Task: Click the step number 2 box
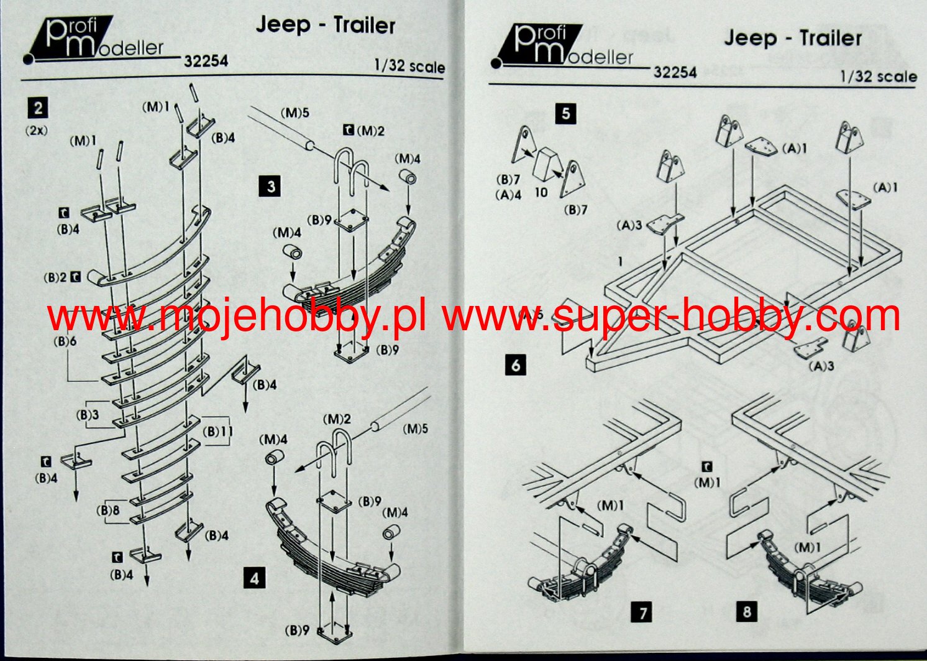click(39, 108)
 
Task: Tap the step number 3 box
click(271, 186)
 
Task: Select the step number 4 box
click(254, 578)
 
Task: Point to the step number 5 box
click(565, 114)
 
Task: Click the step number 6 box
click(516, 365)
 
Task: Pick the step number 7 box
click(642, 613)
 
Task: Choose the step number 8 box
click(747, 612)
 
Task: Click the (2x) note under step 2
click(37, 131)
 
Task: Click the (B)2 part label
click(54, 278)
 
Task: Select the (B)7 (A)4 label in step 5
click(508, 187)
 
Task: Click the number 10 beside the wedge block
click(541, 193)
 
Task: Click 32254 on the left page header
click(206, 61)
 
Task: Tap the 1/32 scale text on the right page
click(878, 76)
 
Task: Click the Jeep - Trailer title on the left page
click(325, 25)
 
